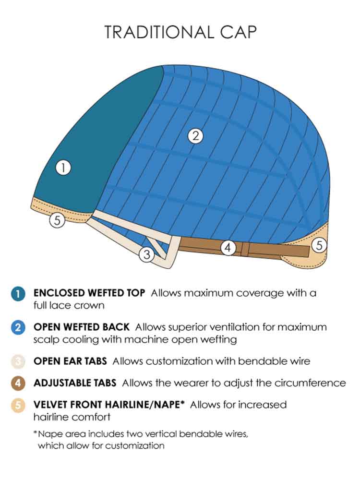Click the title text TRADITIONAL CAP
point(180,32)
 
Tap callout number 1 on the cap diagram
point(63,168)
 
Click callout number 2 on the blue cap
point(196,136)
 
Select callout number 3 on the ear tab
point(147,254)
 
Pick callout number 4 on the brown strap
point(228,247)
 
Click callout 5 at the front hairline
point(57,220)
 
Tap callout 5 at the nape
point(319,245)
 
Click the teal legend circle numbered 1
point(18,294)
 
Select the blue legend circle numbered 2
point(18,327)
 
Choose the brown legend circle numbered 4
point(18,383)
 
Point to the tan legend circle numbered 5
point(18,405)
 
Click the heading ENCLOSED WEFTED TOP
point(89,293)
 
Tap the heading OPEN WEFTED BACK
point(82,327)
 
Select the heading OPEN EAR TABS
point(70,361)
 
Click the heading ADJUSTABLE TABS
point(75,383)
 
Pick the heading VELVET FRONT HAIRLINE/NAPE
point(109,405)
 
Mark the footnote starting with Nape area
point(141,440)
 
